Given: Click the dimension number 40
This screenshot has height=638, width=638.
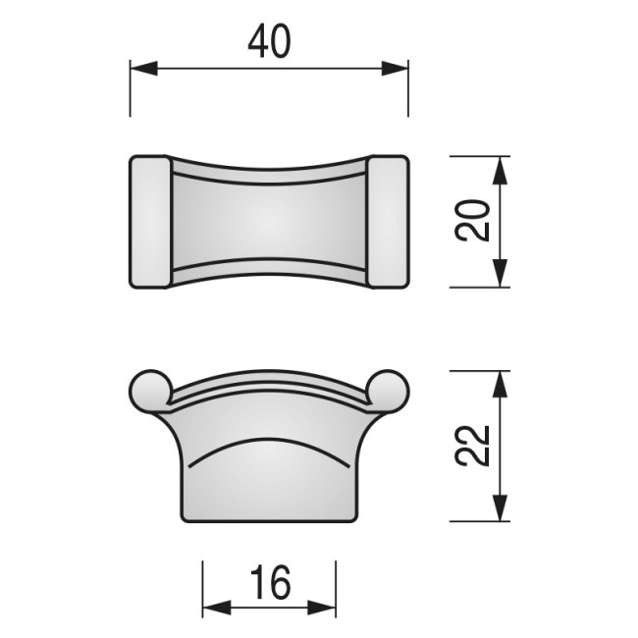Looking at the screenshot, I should click(269, 42).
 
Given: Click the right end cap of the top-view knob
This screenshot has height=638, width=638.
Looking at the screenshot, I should click(389, 221).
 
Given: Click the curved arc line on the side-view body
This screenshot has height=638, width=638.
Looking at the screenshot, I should click(269, 443).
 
